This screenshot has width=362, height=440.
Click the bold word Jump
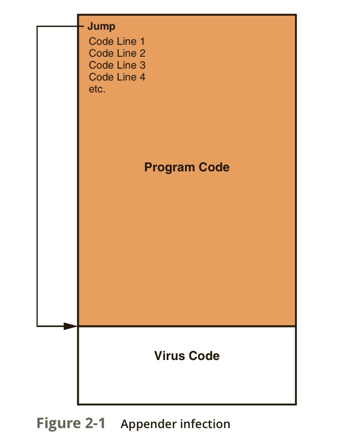click(x=101, y=26)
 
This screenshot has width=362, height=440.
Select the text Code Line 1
click(x=117, y=41)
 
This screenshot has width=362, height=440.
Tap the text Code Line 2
click(x=117, y=53)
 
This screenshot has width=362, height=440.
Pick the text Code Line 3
click(x=117, y=65)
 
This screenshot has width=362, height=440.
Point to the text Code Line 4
click(x=117, y=77)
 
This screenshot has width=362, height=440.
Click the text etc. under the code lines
click(x=97, y=89)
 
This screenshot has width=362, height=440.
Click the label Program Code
click(x=187, y=167)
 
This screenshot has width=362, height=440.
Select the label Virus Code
click(x=187, y=356)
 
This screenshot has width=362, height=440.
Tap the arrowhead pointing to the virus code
click(x=71, y=326)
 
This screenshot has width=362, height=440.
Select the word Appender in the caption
click(x=145, y=424)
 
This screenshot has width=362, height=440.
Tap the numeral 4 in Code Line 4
click(x=142, y=77)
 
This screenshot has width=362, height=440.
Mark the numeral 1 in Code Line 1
click(x=142, y=41)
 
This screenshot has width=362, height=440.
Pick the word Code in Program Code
click(x=214, y=167)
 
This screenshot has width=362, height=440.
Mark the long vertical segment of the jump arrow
click(x=37, y=176)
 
